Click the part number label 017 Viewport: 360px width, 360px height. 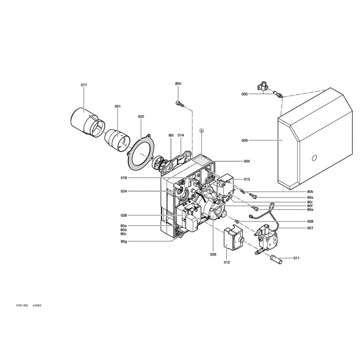pyautogui.click(x=84, y=85)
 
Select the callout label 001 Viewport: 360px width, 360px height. pyautogui.click(x=117, y=106)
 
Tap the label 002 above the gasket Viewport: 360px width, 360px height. pyautogui.click(x=141, y=117)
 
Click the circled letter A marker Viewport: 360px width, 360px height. pyautogui.click(x=202, y=130)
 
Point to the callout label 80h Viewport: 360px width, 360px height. pyautogui.click(x=178, y=84)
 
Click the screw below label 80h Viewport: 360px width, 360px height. pyautogui.click(x=180, y=103)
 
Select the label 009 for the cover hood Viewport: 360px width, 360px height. pyautogui.click(x=244, y=140)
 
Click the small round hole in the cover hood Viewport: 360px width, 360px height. pyautogui.click(x=315, y=158)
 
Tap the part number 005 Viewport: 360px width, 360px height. pyautogui.click(x=244, y=94)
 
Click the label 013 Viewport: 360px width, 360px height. pyautogui.click(x=247, y=179)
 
